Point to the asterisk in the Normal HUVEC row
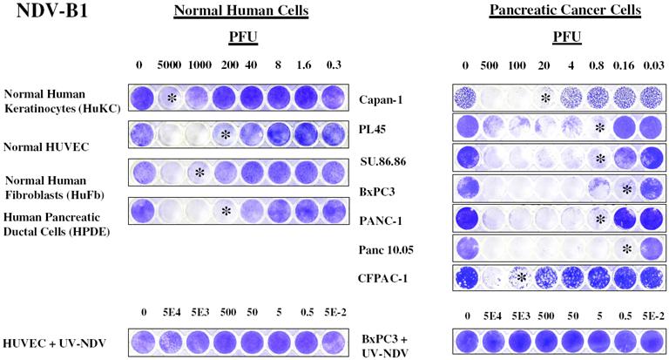226,135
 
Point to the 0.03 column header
650,65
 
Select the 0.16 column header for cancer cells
625,65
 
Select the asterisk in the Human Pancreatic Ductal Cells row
226,211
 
